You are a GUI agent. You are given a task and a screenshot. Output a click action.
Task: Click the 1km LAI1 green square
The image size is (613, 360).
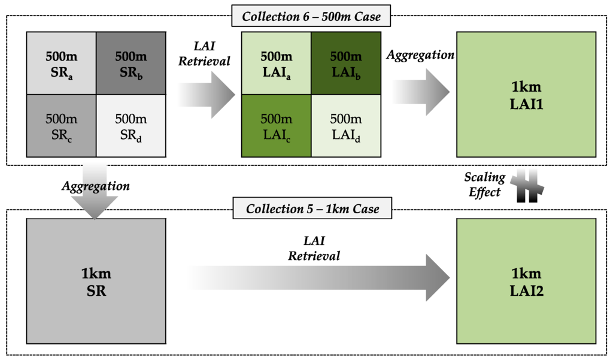pyautogui.click(x=526, y=94)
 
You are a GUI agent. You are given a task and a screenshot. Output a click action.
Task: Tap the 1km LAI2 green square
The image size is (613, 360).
pyautogui.click(x=526, y=282)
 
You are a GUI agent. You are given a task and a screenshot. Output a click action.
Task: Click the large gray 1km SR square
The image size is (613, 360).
pyautogui.click(x=96, y=282)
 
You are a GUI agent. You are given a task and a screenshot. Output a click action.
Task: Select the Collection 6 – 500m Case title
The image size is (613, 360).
pyautogui.click(x=311, y=17)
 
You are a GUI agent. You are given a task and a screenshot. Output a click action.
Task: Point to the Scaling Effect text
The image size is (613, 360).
pyautogui.click(x=484, y=185)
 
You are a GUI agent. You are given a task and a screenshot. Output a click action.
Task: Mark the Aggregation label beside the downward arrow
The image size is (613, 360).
pyautogui.click(x=96, y=186)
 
